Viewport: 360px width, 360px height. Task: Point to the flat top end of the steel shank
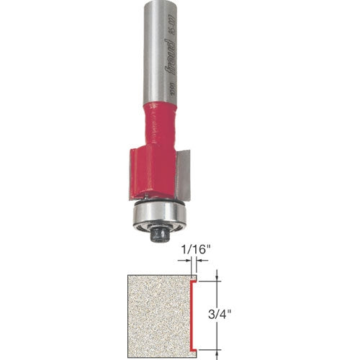click(x=160, y=3)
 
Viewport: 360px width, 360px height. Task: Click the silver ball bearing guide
click(x=158, y=212)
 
